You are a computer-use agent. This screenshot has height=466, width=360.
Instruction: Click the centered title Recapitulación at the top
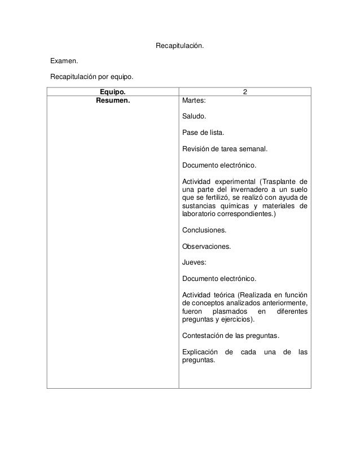point(179,45)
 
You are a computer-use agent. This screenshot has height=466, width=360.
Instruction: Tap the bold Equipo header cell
point(112,91)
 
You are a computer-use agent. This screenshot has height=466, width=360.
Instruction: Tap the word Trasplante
point(279,182)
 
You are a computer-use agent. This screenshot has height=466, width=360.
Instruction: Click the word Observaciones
point(206,247)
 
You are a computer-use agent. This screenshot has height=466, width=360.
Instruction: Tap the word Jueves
point(194,263)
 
